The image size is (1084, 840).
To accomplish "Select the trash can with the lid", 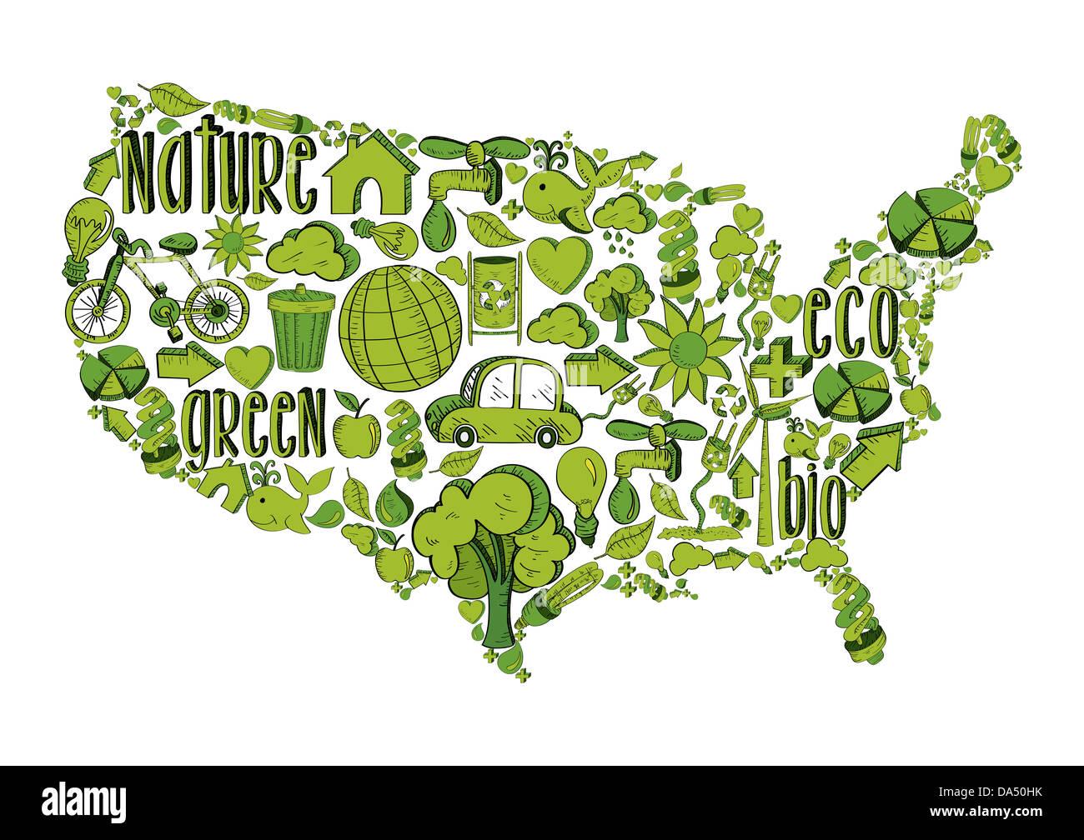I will [x=301, y=327].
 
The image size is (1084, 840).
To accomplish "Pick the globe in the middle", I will [x=401, y=327].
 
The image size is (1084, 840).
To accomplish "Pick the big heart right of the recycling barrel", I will [x=558, y=263].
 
